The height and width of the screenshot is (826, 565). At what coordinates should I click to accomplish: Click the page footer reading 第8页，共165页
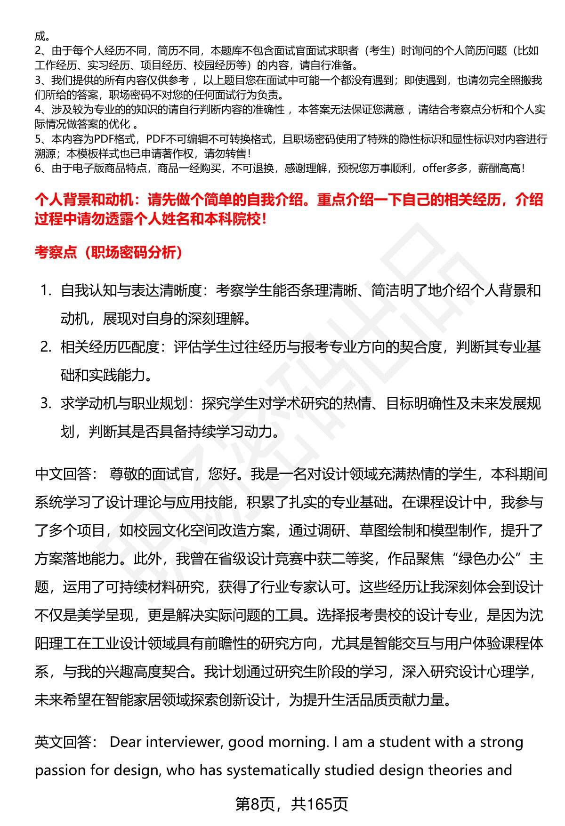pos(291,804)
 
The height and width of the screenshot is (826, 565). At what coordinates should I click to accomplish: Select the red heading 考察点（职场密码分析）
pos(108,253)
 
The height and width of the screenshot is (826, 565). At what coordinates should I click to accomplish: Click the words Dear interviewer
pos(166,742)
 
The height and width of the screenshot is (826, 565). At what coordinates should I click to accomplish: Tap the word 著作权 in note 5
pos(186,153)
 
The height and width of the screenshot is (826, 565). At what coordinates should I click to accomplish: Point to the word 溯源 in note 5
pos(44,153)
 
